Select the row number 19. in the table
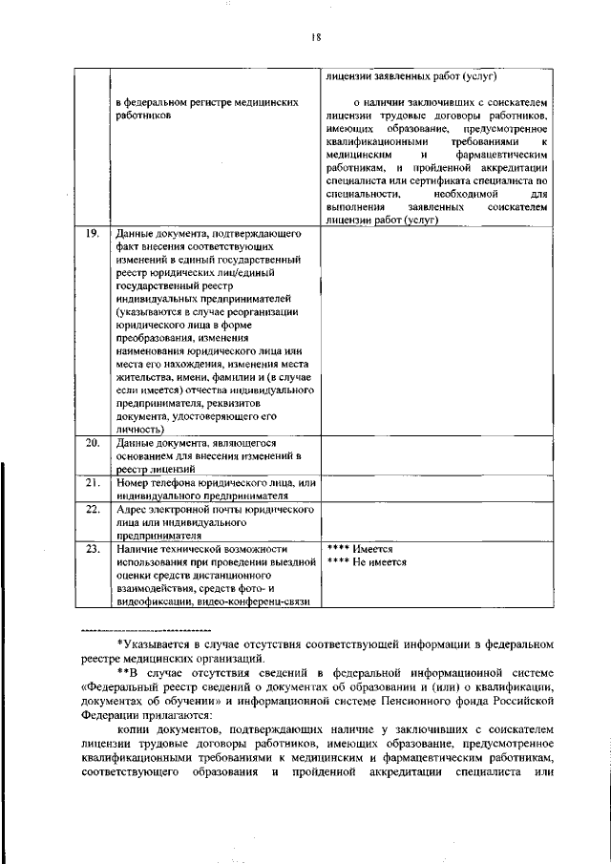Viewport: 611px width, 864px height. pos(93,233)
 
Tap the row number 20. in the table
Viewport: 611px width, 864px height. pos(93,444)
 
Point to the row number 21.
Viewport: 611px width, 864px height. pos(93,483)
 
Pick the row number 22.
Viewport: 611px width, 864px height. pos(93,510)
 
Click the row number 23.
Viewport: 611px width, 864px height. pos(93,550)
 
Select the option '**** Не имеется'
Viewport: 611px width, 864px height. pos(367,562)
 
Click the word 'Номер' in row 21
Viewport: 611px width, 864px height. pos(132,483)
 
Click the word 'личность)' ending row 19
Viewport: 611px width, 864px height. pos(138,431)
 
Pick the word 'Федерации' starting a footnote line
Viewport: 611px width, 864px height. pos(110,713)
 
